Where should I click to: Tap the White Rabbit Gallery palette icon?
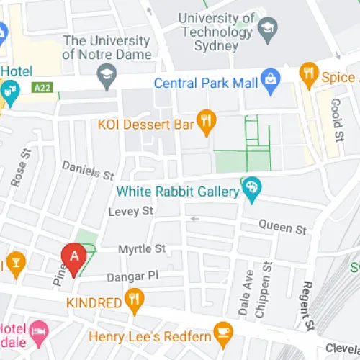(x=251, y=189)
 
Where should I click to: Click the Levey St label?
(x=131, y=211)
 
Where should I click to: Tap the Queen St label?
(x=283, y=228)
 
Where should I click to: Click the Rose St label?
(x=20, y=168)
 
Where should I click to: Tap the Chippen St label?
(x=267, y=288)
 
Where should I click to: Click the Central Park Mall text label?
(x=206, y=84)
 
